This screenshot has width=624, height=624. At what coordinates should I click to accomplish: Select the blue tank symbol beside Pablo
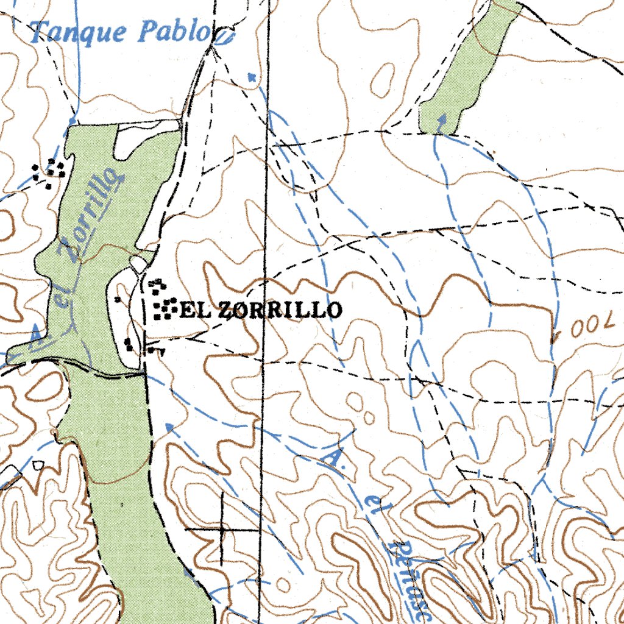pos(225,39)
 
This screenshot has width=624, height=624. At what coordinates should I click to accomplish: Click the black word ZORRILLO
pos(280,310)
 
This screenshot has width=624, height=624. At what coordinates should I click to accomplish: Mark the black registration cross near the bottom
pos(222,530)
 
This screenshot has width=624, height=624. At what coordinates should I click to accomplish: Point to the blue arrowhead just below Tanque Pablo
pos(250,76)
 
